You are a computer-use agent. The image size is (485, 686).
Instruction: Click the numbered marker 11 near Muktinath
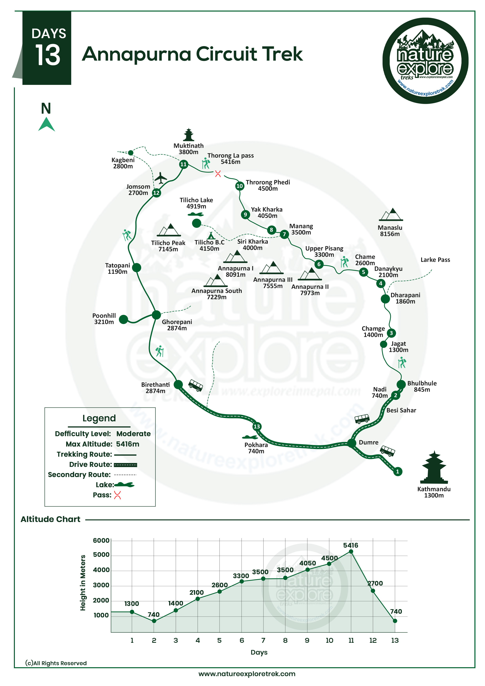pyautogui.click(x=183, y=164)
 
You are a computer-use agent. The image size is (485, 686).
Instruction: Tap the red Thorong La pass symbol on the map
pyautogui.click(x=218, y=174)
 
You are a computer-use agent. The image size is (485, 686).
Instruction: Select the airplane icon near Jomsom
pyautogui.click(x=161, y=178)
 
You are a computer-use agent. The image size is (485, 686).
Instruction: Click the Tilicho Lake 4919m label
pyautogui.click(x=196, y=203)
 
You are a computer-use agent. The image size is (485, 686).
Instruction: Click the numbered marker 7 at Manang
pyautogui.click(x=284, y=234)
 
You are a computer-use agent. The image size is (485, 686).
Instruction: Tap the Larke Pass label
pyautogui.click(x=435, y=260)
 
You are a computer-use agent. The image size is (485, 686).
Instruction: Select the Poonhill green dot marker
pyautogui.click(x=123, y=319)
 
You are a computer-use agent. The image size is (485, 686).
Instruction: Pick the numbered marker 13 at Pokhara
pyautogui.click(x=257, y=426)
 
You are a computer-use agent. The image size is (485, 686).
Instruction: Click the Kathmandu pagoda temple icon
pyautogui.click(x=434, y=468)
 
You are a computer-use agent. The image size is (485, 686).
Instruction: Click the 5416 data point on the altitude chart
pyautogui.click(x=351, y=551)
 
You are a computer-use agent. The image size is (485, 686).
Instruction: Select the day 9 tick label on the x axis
pyautogui.click(x=307, y=640)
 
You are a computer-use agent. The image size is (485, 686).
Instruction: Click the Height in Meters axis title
pyautogui.click(x=83, y=583)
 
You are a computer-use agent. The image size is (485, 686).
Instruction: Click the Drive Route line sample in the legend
pyautogui.click(x=126, y=465)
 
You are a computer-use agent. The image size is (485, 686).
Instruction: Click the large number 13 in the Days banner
pyautogui.click(x=48, y=55)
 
